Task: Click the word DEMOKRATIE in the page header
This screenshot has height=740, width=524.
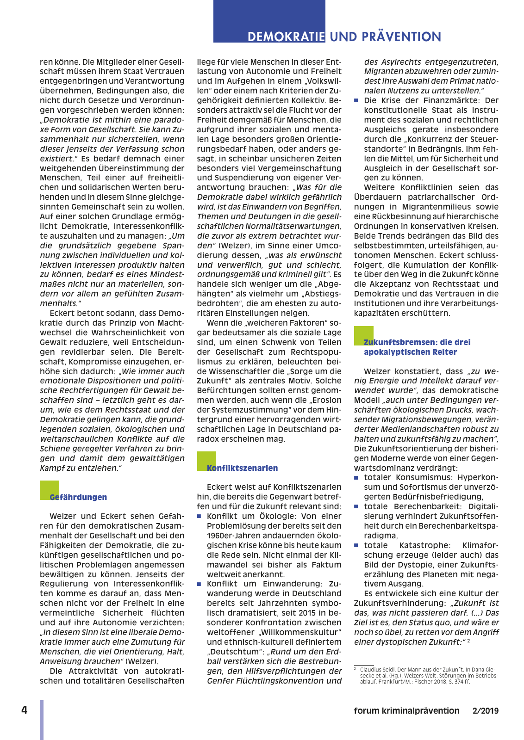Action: [x=286, y=37]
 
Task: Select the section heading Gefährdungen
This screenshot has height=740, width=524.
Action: [x=78, y=497]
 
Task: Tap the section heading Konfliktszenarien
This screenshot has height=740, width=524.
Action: [x=242, y=468]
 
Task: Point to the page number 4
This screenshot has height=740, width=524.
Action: [x=24, y=710]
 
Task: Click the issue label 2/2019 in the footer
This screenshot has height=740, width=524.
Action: [x=486, y=711]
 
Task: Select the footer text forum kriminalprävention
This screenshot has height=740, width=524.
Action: [x=406, y=711]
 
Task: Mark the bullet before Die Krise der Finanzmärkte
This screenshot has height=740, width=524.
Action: [x=356, y=101]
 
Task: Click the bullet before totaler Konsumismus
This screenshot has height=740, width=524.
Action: [x=356, y=478]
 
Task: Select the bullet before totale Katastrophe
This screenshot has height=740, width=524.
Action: [x=356, y=546]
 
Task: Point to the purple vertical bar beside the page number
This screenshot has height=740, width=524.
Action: [x=42, y=720]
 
